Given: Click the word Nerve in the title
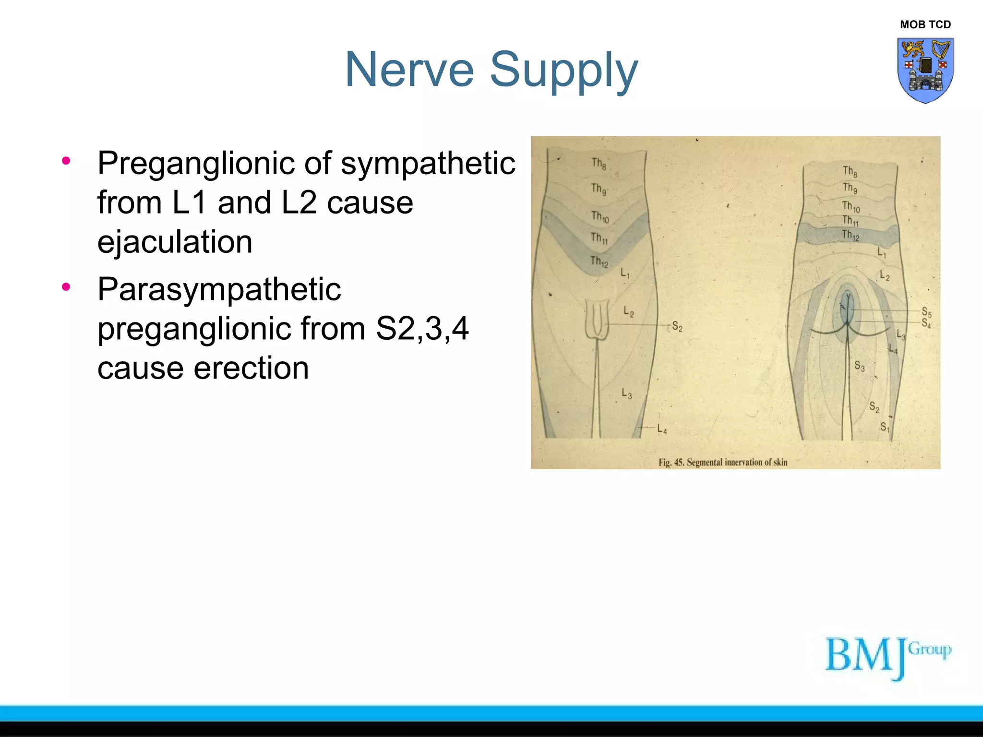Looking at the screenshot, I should (x=409, y=70).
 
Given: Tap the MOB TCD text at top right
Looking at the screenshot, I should (x=925, y=24).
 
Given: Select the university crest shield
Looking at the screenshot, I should (x=925, y=70).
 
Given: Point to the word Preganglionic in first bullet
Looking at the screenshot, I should (x=196, y=164).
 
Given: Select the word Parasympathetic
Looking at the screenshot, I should (x=219, y=289).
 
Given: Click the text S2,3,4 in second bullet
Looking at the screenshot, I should (x=422, y=329).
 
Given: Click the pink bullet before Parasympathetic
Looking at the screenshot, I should (x=66, y=287).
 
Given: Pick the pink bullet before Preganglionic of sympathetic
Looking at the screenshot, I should (x=66, y=160).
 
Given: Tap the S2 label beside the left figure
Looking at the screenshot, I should (x=677, y=327).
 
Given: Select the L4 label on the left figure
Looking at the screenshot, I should (x=662, y=428).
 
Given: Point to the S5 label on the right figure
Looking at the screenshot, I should (x=926, y=312).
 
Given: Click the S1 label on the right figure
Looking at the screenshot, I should (x=885, y=427).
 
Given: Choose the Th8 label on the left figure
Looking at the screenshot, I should (x=599, y=164).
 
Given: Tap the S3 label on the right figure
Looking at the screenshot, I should (x=859, y=367).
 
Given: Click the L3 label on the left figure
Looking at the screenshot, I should (x=626, y=394).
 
